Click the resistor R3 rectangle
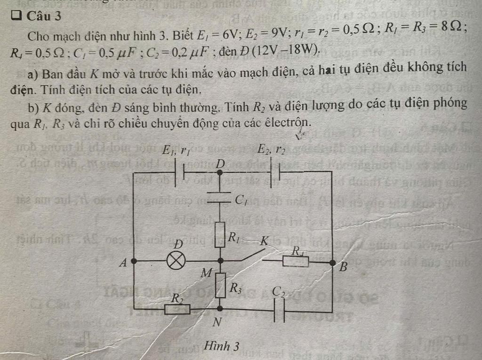[x=220, y=284]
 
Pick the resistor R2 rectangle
[x=177, y=309]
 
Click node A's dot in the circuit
[x=134, y=260]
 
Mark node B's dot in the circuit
[x=332, y=262]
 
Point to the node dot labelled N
[x=220, y=309]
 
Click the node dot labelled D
[x=220, y=173]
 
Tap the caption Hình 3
[x=222, y=346]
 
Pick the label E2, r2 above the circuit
[x=271, y=150]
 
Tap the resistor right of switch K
[x=296, y=261]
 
